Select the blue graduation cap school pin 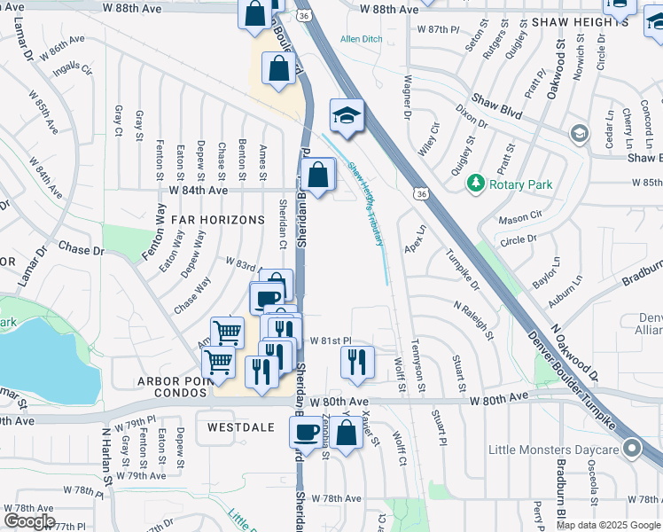347,114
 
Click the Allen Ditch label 360,39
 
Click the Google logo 29,521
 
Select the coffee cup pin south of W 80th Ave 307,432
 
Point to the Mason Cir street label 519,216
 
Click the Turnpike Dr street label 462,272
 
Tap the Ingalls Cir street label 73,67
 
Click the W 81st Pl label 330,340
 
